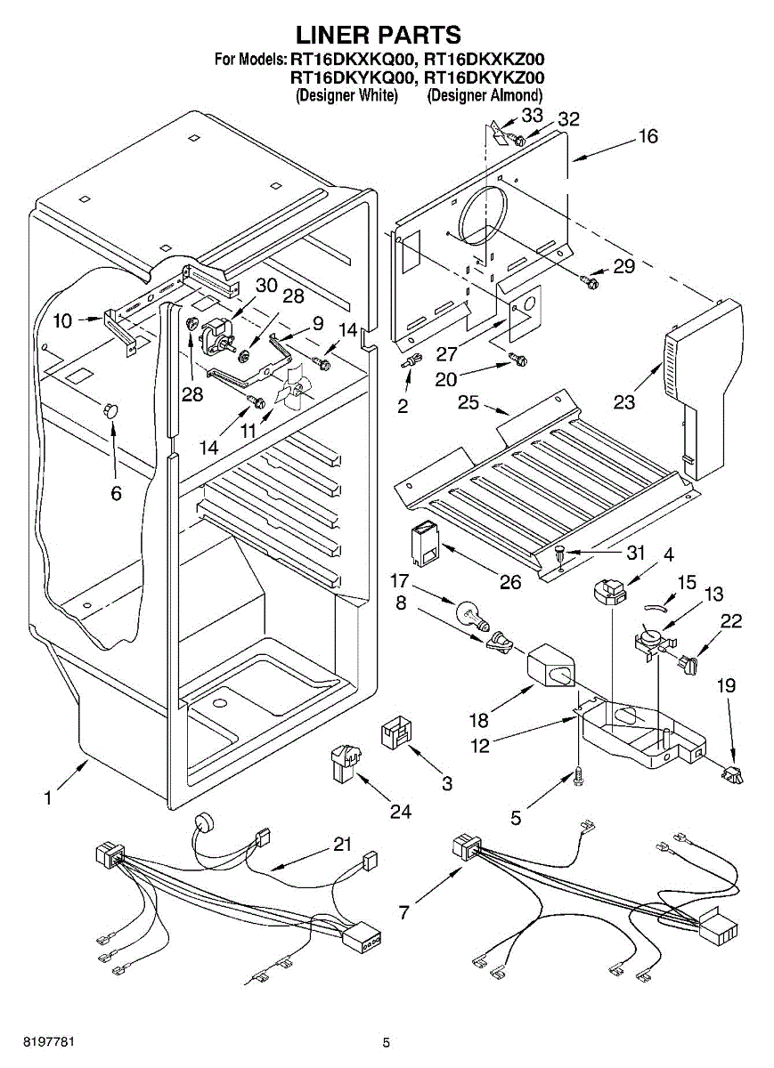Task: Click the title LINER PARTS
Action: (x=379, y=35)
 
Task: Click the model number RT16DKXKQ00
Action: (x=353, y=60)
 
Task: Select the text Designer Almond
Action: (x=485, y=95)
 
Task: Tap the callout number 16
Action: (x=648, y=137)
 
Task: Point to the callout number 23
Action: (x=624, y=402)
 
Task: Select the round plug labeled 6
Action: (x=111, y=409)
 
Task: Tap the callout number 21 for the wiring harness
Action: (x=343, y=845)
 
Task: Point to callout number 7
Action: (x=404, y=912)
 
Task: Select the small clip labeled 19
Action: (x=734, y=775)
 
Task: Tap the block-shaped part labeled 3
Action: (x=395, y=732)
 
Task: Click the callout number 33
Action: (x=532, y=116)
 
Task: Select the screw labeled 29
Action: (x=589, y=282)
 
